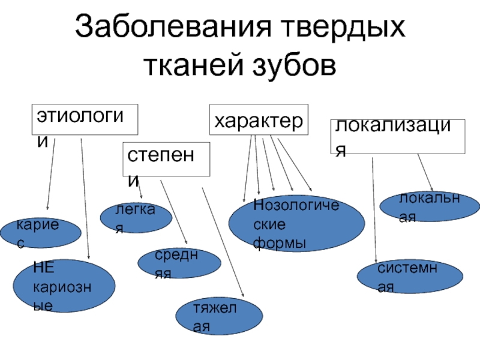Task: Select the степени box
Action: [x=167, y=159]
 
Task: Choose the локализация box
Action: [x=398, y=137]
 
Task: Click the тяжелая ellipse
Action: [x=219, y=317]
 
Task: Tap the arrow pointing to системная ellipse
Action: [x=374, y=210]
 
